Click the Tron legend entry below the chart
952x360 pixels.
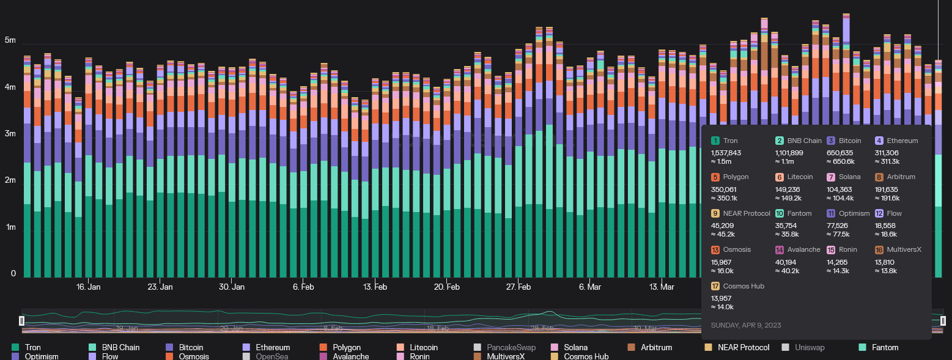tap(33, 347)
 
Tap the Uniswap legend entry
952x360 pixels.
tap(809, 347)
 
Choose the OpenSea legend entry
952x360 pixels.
tap(271, 356)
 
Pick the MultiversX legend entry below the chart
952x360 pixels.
tap(506, 356)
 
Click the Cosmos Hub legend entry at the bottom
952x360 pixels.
tap(586, 356)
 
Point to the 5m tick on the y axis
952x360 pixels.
tap(10, 40)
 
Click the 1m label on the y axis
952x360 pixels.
tap(10, 227)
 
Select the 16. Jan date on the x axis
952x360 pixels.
tap(88, 287)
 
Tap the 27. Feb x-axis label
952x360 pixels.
tap(518, 287)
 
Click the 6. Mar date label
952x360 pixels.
tap(590, 287)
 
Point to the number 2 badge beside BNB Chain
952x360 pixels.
tap(781, 141)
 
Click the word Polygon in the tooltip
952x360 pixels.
tap(735, 177)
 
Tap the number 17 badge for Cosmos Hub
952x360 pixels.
tap(715, 286)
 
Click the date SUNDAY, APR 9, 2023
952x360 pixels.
tap(745, 325)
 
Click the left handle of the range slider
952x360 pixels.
tap(21, 321)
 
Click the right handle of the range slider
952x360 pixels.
tap(943, 321)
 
